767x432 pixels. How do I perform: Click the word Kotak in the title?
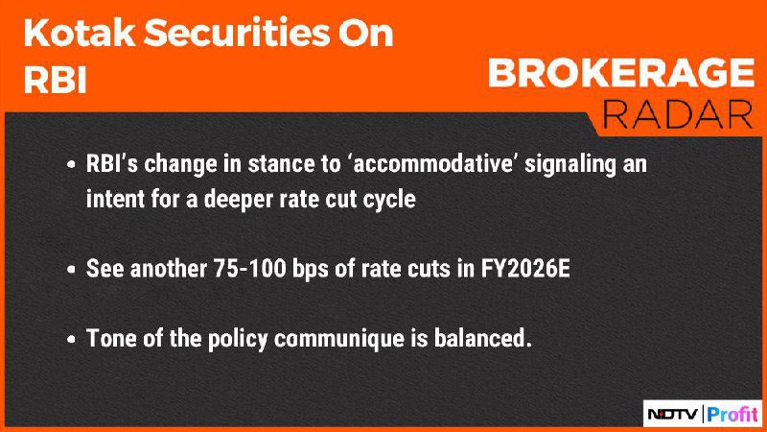click(x=80, y=33)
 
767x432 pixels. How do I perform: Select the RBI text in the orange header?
click(x=55, y=80)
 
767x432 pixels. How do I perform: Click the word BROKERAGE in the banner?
click(x=621, y=73)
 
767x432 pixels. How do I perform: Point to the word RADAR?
click(x=678, y=115)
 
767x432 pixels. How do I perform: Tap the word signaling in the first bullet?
click(x=569, y=164)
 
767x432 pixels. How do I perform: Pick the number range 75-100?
click(x=249, y=269)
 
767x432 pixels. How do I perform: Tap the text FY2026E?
click(x=525, y=269)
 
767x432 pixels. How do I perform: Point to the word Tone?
click(x=111, y=338)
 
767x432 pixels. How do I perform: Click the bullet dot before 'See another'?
click(x=71, y=270)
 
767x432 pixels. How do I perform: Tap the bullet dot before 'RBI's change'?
click(x=71, y=164)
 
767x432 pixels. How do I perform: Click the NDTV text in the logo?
click(x=673, y=415)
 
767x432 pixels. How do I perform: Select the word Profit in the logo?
click(x=732, y=415)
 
